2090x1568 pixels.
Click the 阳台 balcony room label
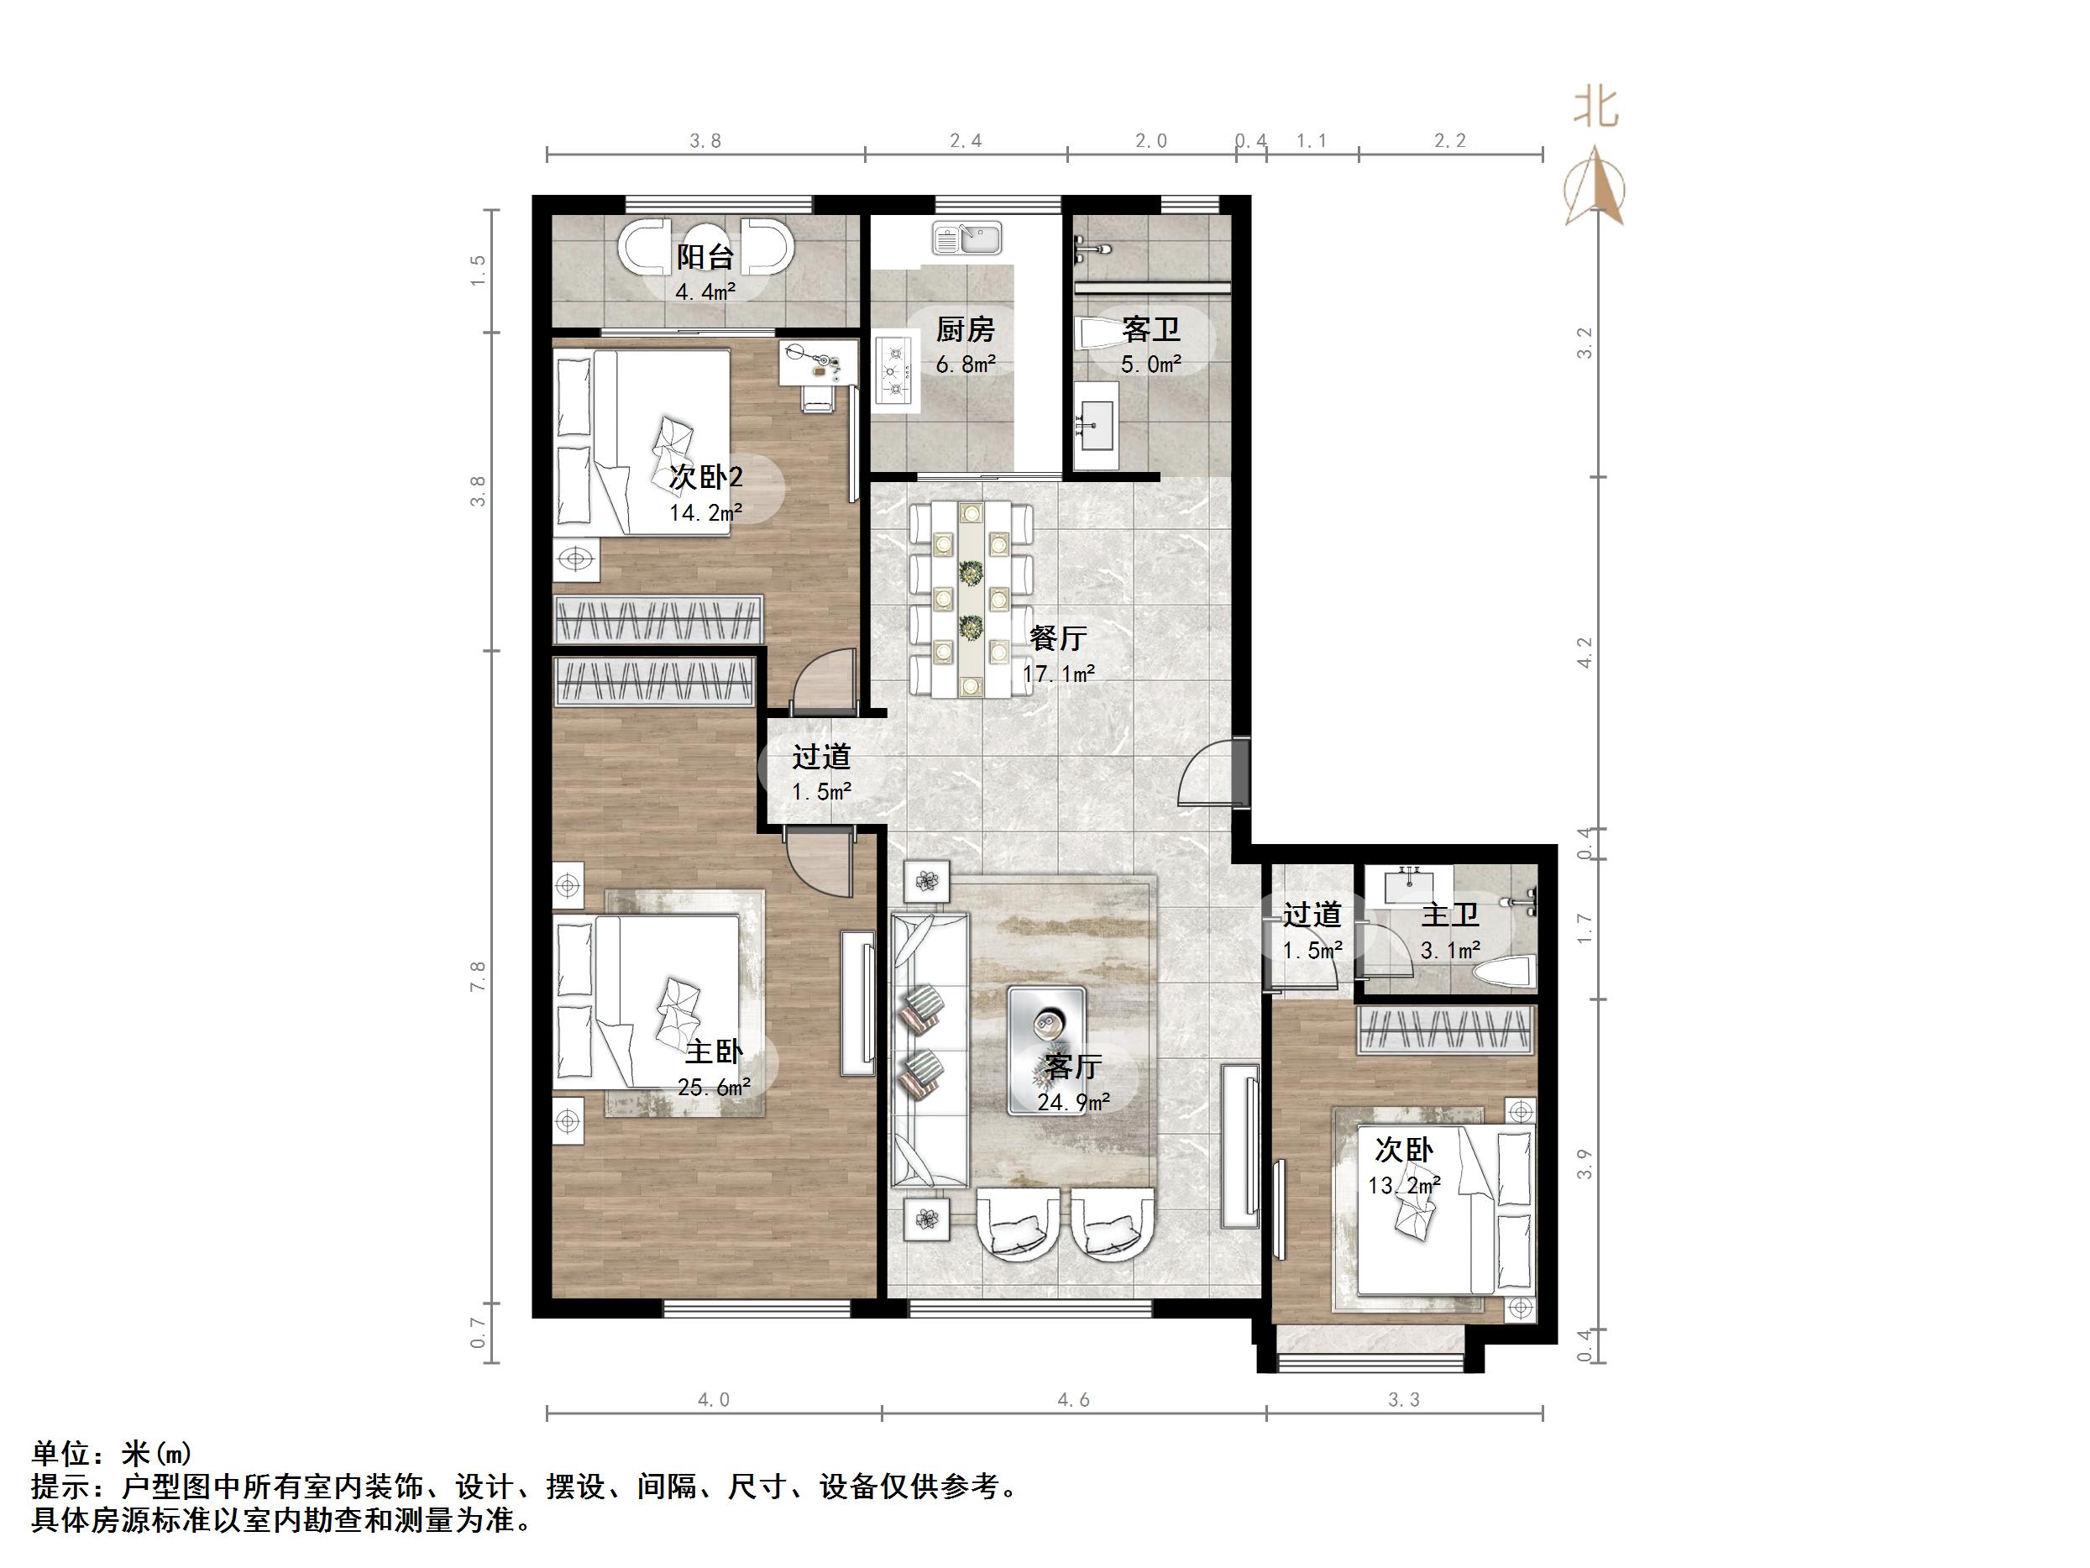(x=705, y=257)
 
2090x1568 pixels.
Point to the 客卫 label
(x=1151, y=330)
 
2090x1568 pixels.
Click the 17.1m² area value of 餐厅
(x=1058, y=674)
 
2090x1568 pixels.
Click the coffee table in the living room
(x=1047, y=1049)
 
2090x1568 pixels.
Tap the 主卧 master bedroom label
(x=714, y=1052)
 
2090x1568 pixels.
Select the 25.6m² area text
(x=714, y=1087)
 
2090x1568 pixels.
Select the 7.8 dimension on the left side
(x=478, y=975)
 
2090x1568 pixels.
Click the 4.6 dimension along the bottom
(x=1072, y=1400)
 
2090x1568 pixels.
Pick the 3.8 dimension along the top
(x=705, y=141)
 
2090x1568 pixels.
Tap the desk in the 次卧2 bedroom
(x=818, y=363)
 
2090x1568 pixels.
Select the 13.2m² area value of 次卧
(x=1404, y=1184)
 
